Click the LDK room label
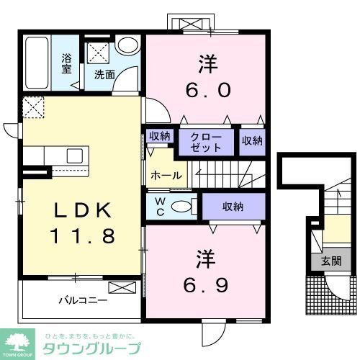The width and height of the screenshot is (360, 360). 84,210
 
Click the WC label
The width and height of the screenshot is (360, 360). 160,206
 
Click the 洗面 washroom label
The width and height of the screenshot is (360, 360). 104,73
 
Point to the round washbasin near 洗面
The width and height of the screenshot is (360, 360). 128,45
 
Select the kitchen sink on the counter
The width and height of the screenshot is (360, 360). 74,156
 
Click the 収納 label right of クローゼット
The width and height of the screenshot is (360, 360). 251,140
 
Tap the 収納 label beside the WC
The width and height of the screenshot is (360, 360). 233,207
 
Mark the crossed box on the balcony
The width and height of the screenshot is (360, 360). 121,289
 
